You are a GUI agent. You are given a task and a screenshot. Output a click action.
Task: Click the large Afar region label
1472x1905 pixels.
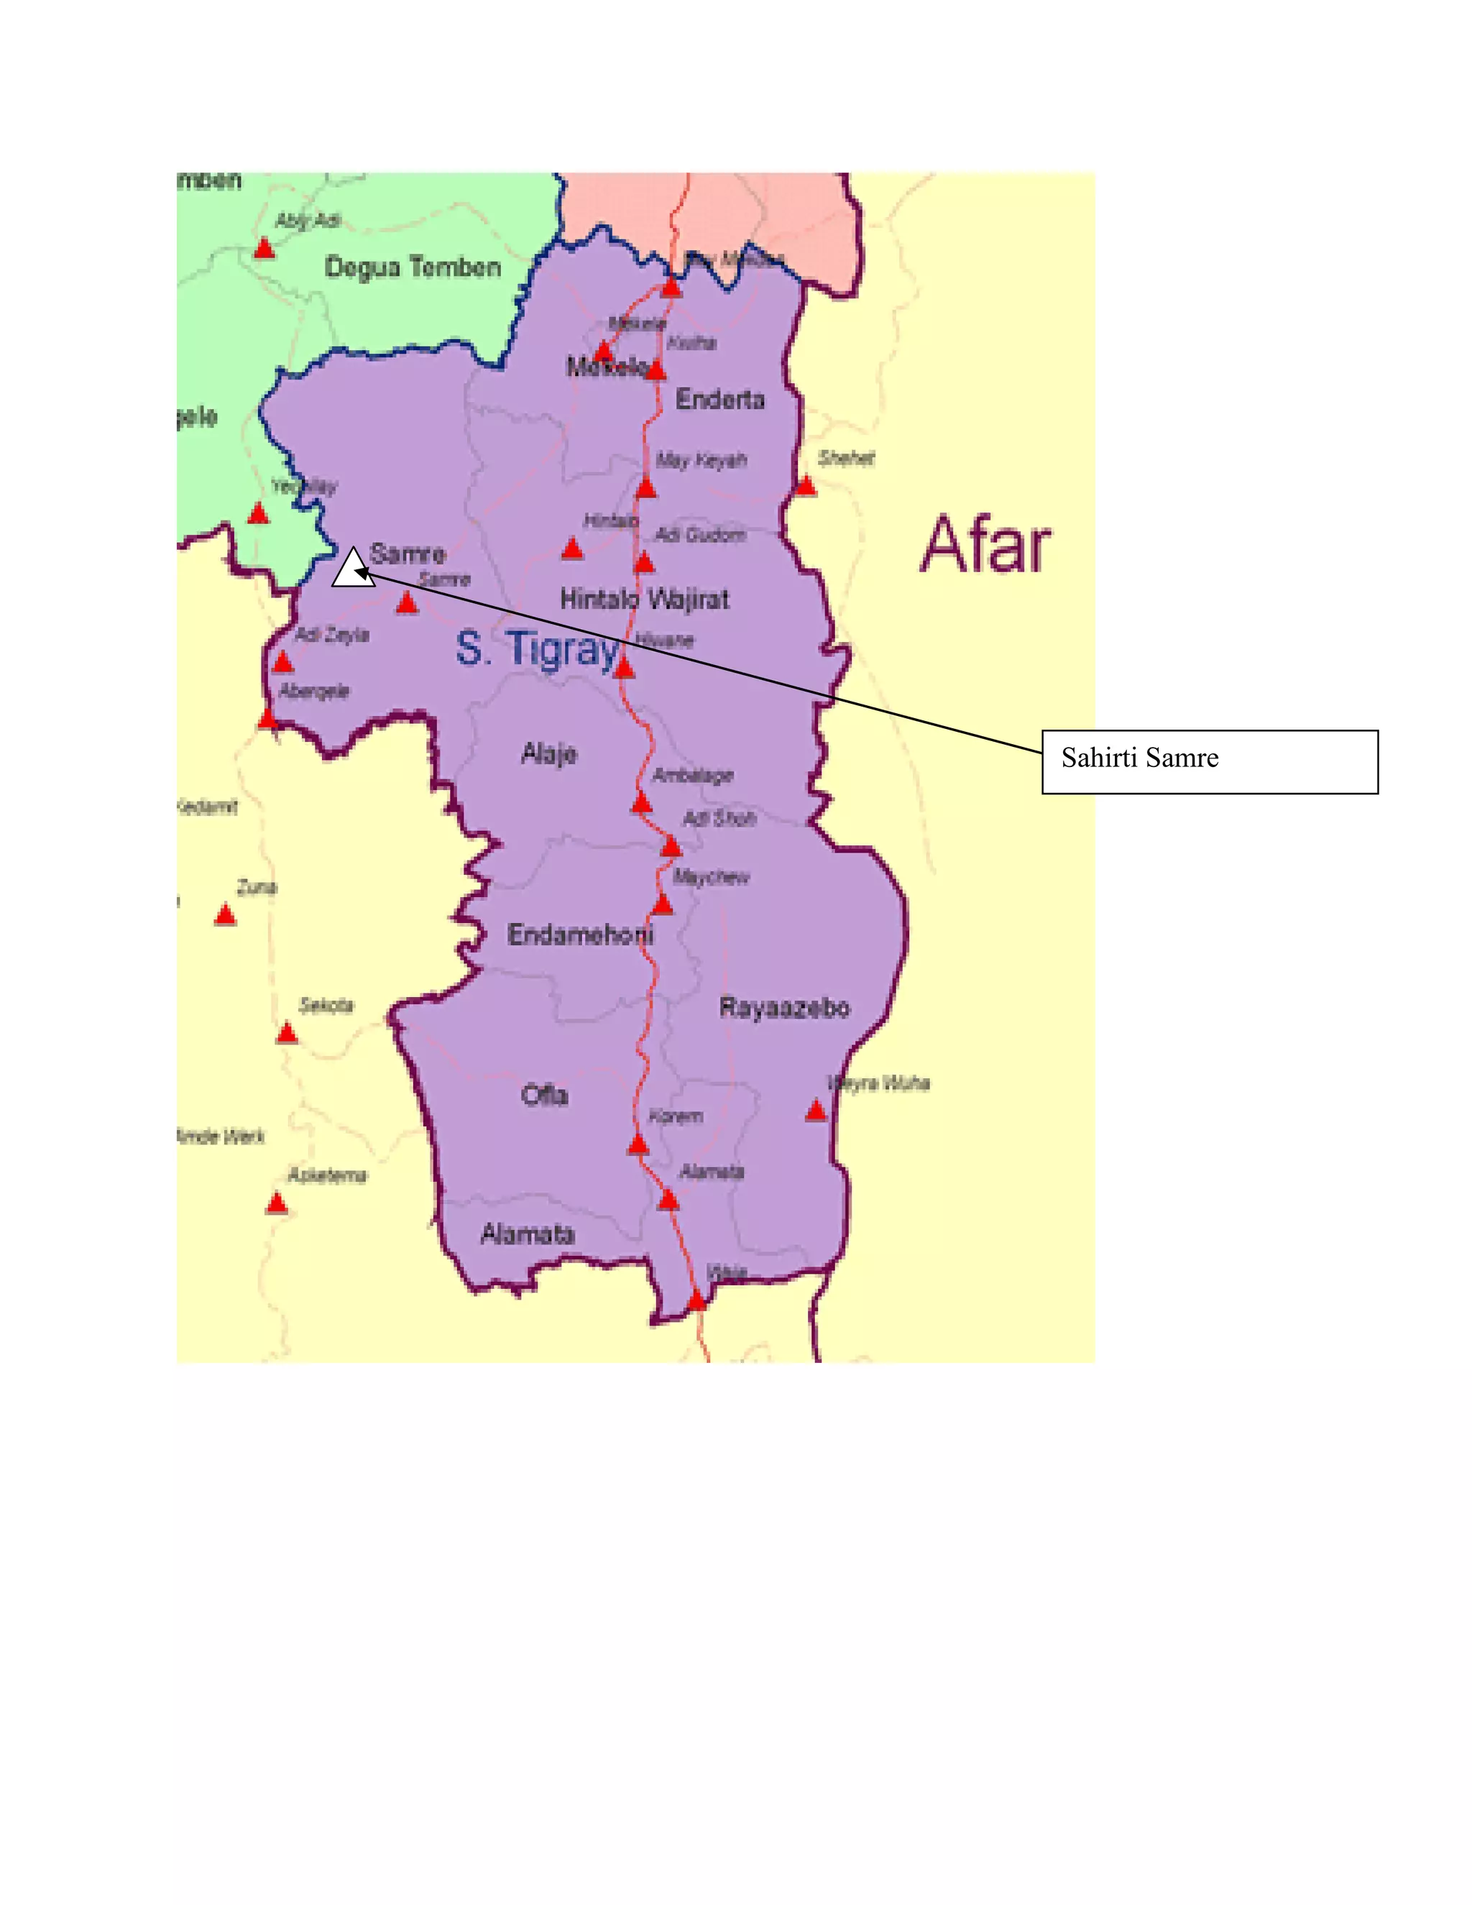985,546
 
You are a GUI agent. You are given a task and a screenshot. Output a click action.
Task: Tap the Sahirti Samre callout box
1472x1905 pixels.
1209,761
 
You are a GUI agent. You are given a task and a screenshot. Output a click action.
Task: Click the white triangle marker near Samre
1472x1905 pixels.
352,569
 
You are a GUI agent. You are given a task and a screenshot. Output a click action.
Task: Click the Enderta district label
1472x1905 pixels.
719,400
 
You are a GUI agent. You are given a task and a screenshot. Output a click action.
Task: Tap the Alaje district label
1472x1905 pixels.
548,753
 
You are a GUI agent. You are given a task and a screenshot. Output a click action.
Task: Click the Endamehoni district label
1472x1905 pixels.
580,935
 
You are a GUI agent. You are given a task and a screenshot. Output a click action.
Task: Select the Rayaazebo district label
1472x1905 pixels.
784,1009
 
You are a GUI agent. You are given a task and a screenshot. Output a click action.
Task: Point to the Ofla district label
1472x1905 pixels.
544,1095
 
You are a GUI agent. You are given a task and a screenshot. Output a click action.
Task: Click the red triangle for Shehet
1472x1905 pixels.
806,486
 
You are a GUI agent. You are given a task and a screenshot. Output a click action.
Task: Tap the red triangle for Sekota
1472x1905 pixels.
287,1034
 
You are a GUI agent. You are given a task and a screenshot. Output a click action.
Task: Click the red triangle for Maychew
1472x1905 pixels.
663,904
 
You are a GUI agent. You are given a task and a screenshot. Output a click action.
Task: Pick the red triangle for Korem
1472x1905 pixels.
638,1144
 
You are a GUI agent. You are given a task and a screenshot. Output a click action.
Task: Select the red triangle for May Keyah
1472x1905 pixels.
646,487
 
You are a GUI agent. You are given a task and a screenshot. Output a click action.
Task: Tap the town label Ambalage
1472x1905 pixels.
694,776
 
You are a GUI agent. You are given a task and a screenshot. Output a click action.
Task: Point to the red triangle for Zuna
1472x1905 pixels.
225,915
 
